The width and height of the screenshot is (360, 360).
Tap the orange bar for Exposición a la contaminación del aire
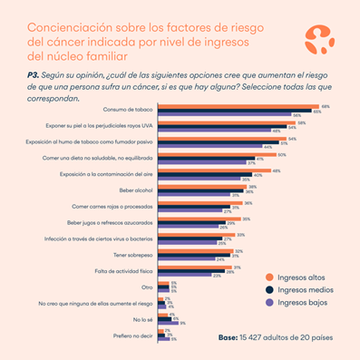point(217,170)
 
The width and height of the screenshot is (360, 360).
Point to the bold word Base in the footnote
point(229,336)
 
